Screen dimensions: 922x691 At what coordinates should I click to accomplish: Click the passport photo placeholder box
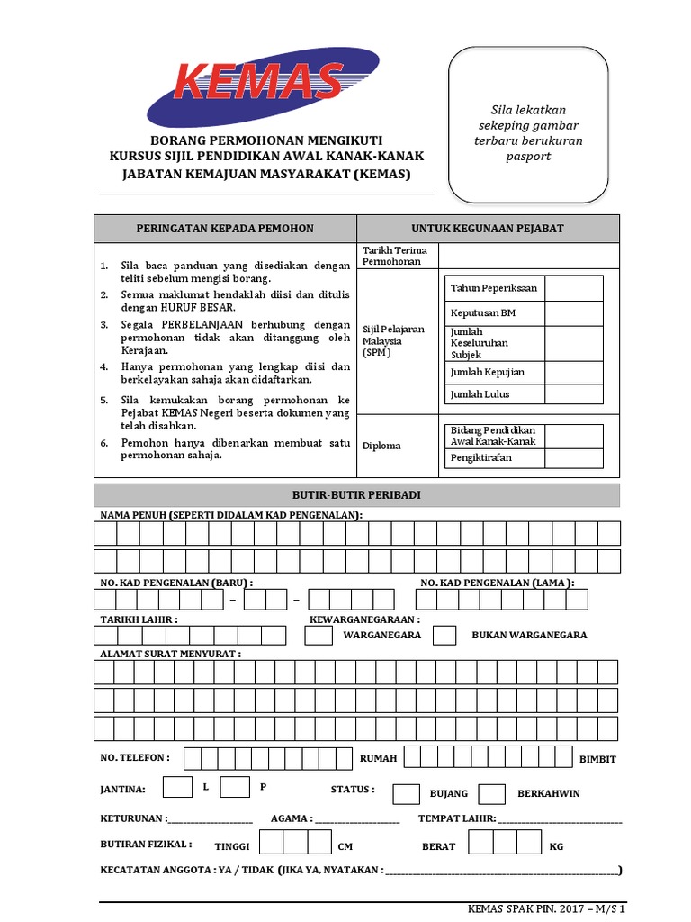529,125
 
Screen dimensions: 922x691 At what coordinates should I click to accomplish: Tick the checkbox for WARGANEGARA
319,635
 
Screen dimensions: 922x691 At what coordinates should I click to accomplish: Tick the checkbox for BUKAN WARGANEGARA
444,635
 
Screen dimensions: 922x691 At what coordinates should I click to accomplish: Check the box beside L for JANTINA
177,787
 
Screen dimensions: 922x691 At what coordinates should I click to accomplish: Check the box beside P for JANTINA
235,787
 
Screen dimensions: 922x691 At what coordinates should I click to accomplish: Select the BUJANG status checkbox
407,793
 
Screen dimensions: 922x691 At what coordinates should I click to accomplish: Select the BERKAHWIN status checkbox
491,793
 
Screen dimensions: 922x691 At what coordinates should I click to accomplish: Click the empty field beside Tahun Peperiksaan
573,288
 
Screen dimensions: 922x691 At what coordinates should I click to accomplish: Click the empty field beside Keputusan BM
573,312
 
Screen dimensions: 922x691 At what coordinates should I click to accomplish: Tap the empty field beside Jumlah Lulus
573,394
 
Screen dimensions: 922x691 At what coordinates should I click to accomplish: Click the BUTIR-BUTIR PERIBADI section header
356,495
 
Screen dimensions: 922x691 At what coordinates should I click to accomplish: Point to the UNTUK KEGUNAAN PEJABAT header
488,229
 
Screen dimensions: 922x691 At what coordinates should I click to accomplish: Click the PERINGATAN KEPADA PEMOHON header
225,229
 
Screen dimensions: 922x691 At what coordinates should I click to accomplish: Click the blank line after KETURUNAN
210,820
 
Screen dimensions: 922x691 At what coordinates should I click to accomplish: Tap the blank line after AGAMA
356,820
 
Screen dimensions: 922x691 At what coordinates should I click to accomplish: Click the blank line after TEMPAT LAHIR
560,820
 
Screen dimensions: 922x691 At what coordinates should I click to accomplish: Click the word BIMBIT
598,759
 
